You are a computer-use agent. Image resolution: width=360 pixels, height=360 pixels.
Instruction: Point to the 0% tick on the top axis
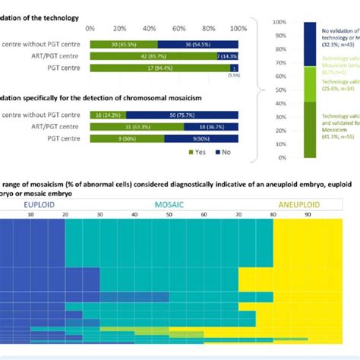[x=90, y=28]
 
